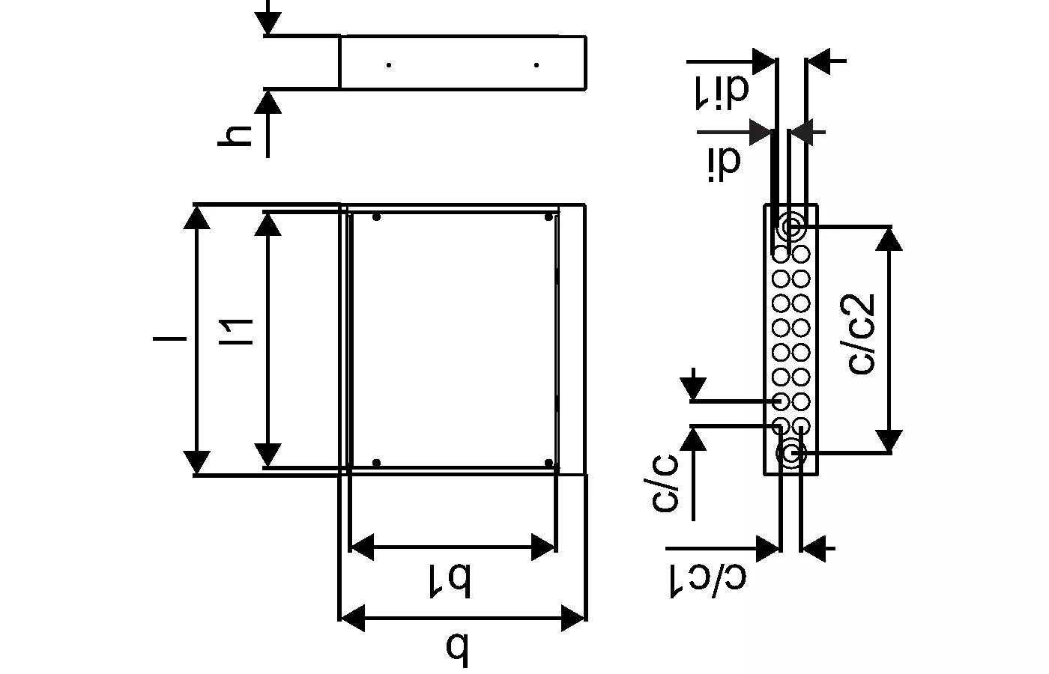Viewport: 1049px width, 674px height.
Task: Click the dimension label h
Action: point(234,136)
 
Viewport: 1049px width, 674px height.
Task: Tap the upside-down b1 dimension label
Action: point(450,580)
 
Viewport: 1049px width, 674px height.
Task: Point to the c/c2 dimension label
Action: point(861,334)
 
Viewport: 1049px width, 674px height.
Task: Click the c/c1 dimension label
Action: point(708,580)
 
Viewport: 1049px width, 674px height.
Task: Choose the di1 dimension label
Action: point(722,91)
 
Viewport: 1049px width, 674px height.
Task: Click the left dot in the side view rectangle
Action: point(389,65)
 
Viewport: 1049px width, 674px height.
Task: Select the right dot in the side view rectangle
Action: point(536,65)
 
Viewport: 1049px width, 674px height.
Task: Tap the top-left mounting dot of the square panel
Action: point(376,216)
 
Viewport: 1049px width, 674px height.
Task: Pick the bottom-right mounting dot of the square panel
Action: point(548,463)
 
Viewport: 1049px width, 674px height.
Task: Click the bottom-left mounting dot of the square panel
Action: point(376,463)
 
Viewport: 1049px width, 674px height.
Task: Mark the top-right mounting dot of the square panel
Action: point(548,216)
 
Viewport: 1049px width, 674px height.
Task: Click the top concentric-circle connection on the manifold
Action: point(791,228)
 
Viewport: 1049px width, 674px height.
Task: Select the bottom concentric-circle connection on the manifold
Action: point(791,453)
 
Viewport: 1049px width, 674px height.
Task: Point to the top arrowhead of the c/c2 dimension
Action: point(889,239)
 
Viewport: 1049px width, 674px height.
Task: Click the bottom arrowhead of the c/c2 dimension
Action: point(889,441)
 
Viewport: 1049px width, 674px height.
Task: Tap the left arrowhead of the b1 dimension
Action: point(362,546)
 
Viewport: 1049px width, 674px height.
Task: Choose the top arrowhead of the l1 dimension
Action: point(267,224)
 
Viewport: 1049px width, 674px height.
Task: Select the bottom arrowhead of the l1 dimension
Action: point(267,455)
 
